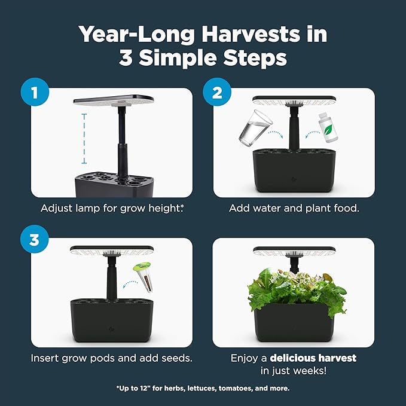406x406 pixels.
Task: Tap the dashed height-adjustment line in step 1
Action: point(84,138)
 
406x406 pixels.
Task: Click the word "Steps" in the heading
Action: point(249,59)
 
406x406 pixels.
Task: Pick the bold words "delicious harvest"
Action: point(313,358)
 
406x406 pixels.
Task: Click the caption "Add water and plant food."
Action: point(294,209)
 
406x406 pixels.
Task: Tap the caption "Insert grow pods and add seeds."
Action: point(111,358)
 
